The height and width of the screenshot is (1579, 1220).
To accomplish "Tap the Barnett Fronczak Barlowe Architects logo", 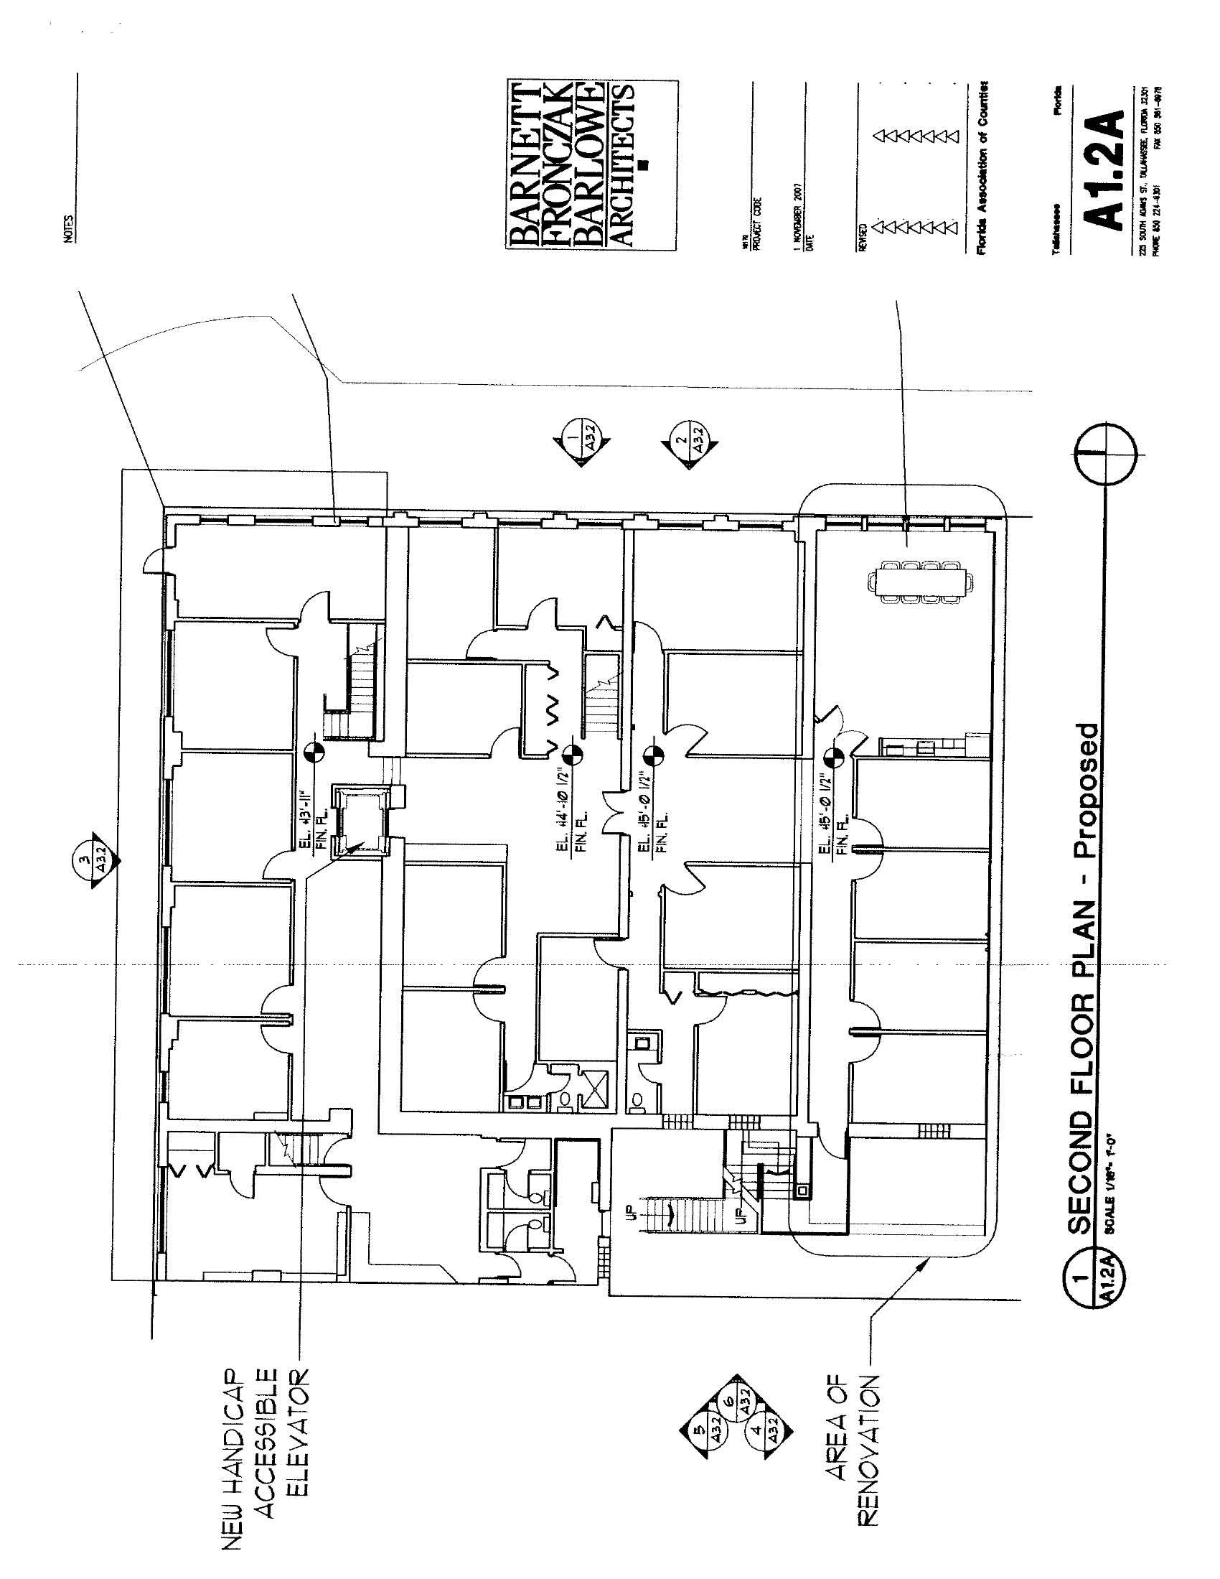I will (x=591, y=166).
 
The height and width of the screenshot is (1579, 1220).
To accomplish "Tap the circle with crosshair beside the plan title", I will (x=1104, y=454).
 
